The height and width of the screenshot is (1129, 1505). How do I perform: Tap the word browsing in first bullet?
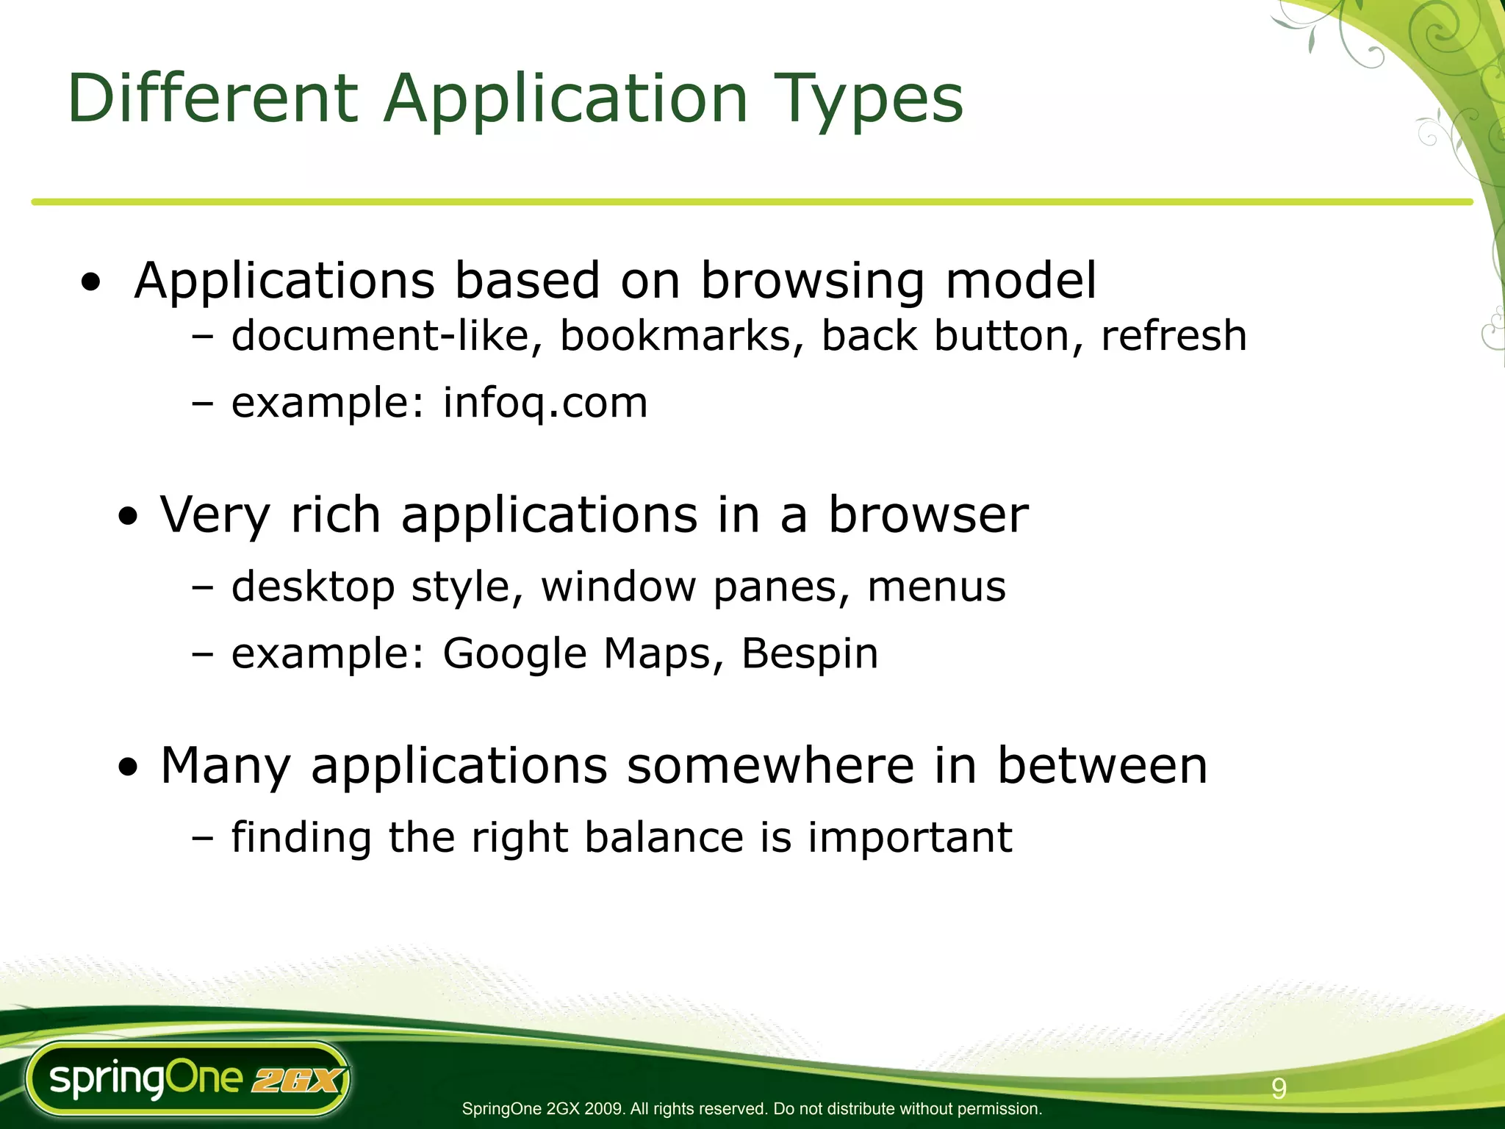click(x=813, y=281)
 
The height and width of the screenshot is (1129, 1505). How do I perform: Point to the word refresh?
click(x=1174, y=336)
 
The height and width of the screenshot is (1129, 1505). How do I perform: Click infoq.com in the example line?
click(x=545, y=403)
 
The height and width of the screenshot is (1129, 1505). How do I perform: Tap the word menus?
click(x=936, y=587)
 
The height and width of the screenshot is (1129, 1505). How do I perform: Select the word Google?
click(x=514, y=653)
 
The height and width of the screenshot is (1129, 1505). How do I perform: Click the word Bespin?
click(x=810, y=653)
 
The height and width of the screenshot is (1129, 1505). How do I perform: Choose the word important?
click(x=910, y=837)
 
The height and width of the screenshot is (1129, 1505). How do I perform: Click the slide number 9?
click(x=1279, y=1089)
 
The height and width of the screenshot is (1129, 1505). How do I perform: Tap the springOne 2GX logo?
click(x=188, y=1079)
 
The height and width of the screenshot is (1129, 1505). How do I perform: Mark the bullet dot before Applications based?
click(x=91, y=282)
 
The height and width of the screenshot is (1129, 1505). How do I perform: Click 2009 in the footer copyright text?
click(x=605, y=1109)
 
